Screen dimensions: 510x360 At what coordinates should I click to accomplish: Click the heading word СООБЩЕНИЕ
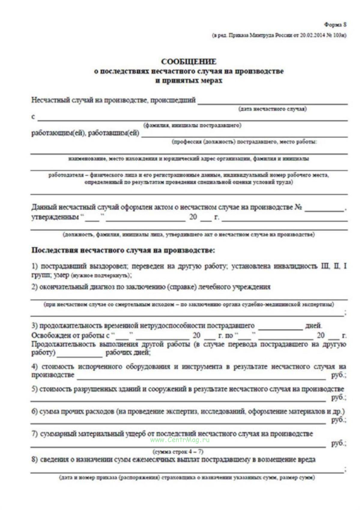189,62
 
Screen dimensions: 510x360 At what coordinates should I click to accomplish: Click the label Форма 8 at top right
335,25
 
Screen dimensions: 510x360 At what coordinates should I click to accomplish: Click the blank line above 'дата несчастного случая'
272,102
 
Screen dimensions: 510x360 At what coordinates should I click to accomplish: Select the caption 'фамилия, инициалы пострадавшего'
192,125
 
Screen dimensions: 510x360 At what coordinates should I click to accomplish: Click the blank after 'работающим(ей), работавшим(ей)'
244,135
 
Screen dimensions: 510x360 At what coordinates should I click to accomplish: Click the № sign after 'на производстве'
298,207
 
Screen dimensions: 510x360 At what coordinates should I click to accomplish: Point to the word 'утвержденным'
55,217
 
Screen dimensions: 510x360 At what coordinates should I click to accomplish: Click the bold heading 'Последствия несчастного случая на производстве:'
123,250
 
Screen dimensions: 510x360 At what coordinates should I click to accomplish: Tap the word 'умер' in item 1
62,275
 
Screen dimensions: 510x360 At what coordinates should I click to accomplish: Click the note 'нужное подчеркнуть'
101,275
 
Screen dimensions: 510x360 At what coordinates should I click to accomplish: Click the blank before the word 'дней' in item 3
280,328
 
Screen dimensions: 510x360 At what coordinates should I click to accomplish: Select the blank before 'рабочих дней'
80,355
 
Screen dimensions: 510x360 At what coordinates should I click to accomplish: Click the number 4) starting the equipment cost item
35,367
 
